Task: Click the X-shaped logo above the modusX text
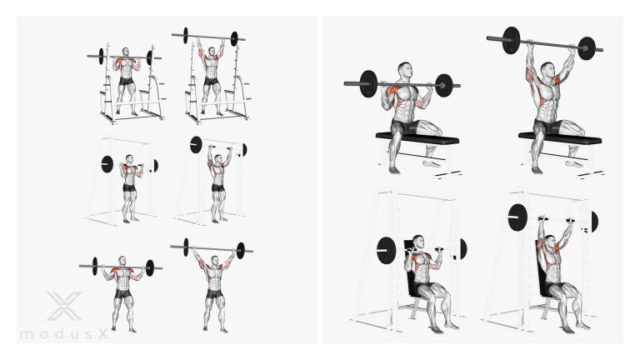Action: click(64, 306)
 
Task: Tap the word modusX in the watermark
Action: click(64, 334)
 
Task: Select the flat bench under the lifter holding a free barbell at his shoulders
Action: click(417, 138)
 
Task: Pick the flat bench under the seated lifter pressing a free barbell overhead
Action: click(560, 138)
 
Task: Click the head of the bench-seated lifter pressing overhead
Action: click(547, 69)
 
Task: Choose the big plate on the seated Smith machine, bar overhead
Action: click(517, 217)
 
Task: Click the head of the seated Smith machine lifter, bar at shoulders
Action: click(419, 242)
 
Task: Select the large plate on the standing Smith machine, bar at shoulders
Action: click(107, 163)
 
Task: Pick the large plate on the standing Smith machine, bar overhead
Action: click(196, 145)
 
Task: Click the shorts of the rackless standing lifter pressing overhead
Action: click(214, 294)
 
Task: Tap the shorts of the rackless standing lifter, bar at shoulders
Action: click(122, 294)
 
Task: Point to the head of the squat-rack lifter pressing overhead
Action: click(211, 52)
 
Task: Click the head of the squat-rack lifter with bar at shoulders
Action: click(125, 52)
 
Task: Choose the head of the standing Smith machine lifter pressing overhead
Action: click(218, 157)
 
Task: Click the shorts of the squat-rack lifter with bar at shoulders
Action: click(127, 81)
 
